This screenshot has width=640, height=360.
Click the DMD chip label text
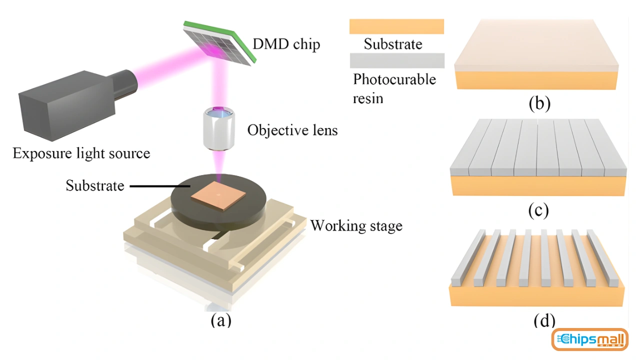[286, 44]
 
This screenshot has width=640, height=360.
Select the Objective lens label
[292, 130]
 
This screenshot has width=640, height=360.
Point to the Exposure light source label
[81, 153]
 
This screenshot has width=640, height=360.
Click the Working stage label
[356, 225]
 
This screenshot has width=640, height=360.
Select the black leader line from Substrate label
[159, 186]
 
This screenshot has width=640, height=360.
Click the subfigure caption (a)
[220, 319]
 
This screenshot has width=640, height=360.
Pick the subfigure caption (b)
[539, 103]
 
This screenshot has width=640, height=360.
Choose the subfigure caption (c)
[538, 210]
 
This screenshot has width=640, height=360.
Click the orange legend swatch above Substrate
[396, 26]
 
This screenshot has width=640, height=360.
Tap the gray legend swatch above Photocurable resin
[396, 60]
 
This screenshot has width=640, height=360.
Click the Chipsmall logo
[589, 340]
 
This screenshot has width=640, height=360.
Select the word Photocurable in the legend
[394, 79]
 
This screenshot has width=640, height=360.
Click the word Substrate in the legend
[393, 44]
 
